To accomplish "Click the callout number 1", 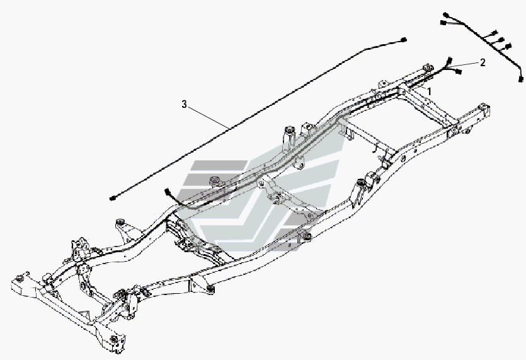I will click(x=430, y=91).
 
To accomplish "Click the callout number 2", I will click(x=483, y=62).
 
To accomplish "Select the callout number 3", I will click(x=184, y=104).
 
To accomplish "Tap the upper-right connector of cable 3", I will click(x=404, y=40).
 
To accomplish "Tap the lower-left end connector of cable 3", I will click(x=112, y=199).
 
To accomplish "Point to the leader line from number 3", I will click(x=208, y=117).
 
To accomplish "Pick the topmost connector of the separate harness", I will click(x=445, y=14).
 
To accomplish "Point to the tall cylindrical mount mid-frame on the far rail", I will click(x=290, y=136).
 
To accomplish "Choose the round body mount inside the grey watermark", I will click(x=214, y=182).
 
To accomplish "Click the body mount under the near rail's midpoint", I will click(x=209, y=289).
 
